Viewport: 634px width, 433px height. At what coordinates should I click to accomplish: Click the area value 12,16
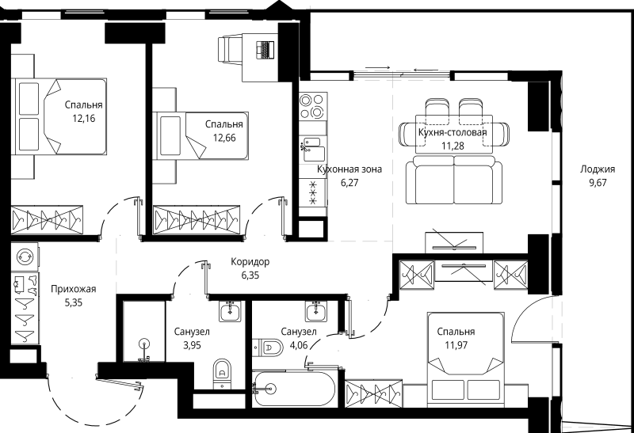(x=84, y=119)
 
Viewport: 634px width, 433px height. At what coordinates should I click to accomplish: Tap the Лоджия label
(x=598, y=169)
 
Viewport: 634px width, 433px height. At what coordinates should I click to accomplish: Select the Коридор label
(x=250, y=262)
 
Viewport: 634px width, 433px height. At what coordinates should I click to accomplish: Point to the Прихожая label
(x=74, y=289)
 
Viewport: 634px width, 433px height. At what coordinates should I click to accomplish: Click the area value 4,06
(x=299, y=345)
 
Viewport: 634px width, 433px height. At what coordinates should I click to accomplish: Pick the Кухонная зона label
(x=349, y=169)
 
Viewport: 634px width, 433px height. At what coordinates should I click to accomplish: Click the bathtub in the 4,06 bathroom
(x=294, y=389)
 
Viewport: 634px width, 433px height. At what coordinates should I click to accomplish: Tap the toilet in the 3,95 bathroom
(x=222, y=373)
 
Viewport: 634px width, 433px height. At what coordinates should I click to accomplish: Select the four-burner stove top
(x=313, y=106)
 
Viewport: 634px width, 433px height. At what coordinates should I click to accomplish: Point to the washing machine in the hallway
(x=25, y=256)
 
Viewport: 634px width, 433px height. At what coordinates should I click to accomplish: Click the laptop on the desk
(x=265, y=50)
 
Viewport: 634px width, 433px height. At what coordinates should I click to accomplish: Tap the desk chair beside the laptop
(x=230, y=49)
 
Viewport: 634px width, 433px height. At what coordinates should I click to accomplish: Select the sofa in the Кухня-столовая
(x=454, y=181)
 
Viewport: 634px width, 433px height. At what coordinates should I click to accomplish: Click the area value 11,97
(x=456, y=345)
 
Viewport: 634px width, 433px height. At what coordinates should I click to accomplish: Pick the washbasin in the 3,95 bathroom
(x=231, y=311)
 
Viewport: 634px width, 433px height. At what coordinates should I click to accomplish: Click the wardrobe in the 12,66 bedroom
(x=196, y=220)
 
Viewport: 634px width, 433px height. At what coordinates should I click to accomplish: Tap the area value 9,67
(x=598, y=183)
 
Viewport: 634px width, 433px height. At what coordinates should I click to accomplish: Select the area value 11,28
(x=453, y=146)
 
